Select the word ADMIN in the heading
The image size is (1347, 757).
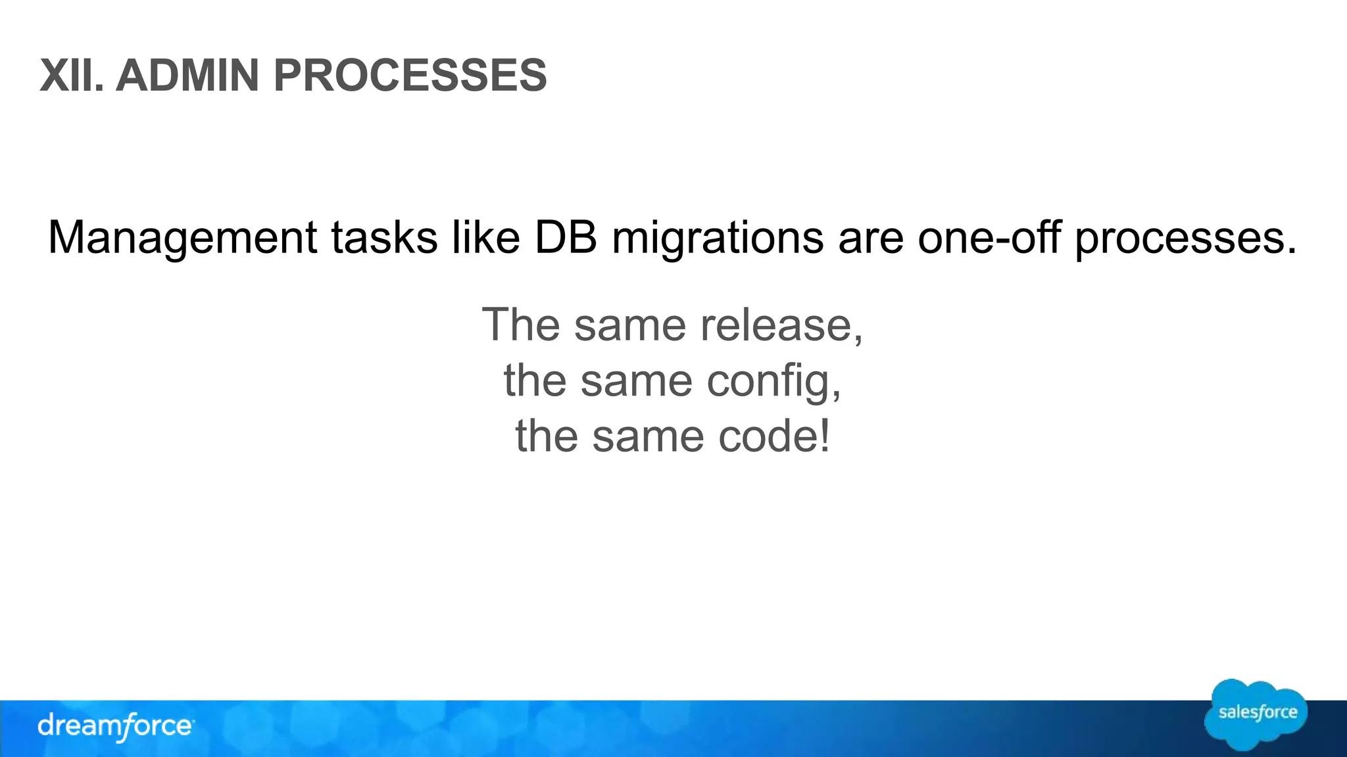(x=187, y=76)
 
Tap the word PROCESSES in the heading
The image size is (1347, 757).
(x=410, y=76)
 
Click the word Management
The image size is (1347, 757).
(x=183, y=238)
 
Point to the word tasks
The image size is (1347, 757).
(x=385, y=238)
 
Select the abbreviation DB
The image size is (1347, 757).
(x=566, y=238)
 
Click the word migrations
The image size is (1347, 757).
(x=718, y=238)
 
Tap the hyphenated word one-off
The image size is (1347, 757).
(x=989, y=238)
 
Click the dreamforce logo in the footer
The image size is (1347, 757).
(x=116, y=726)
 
